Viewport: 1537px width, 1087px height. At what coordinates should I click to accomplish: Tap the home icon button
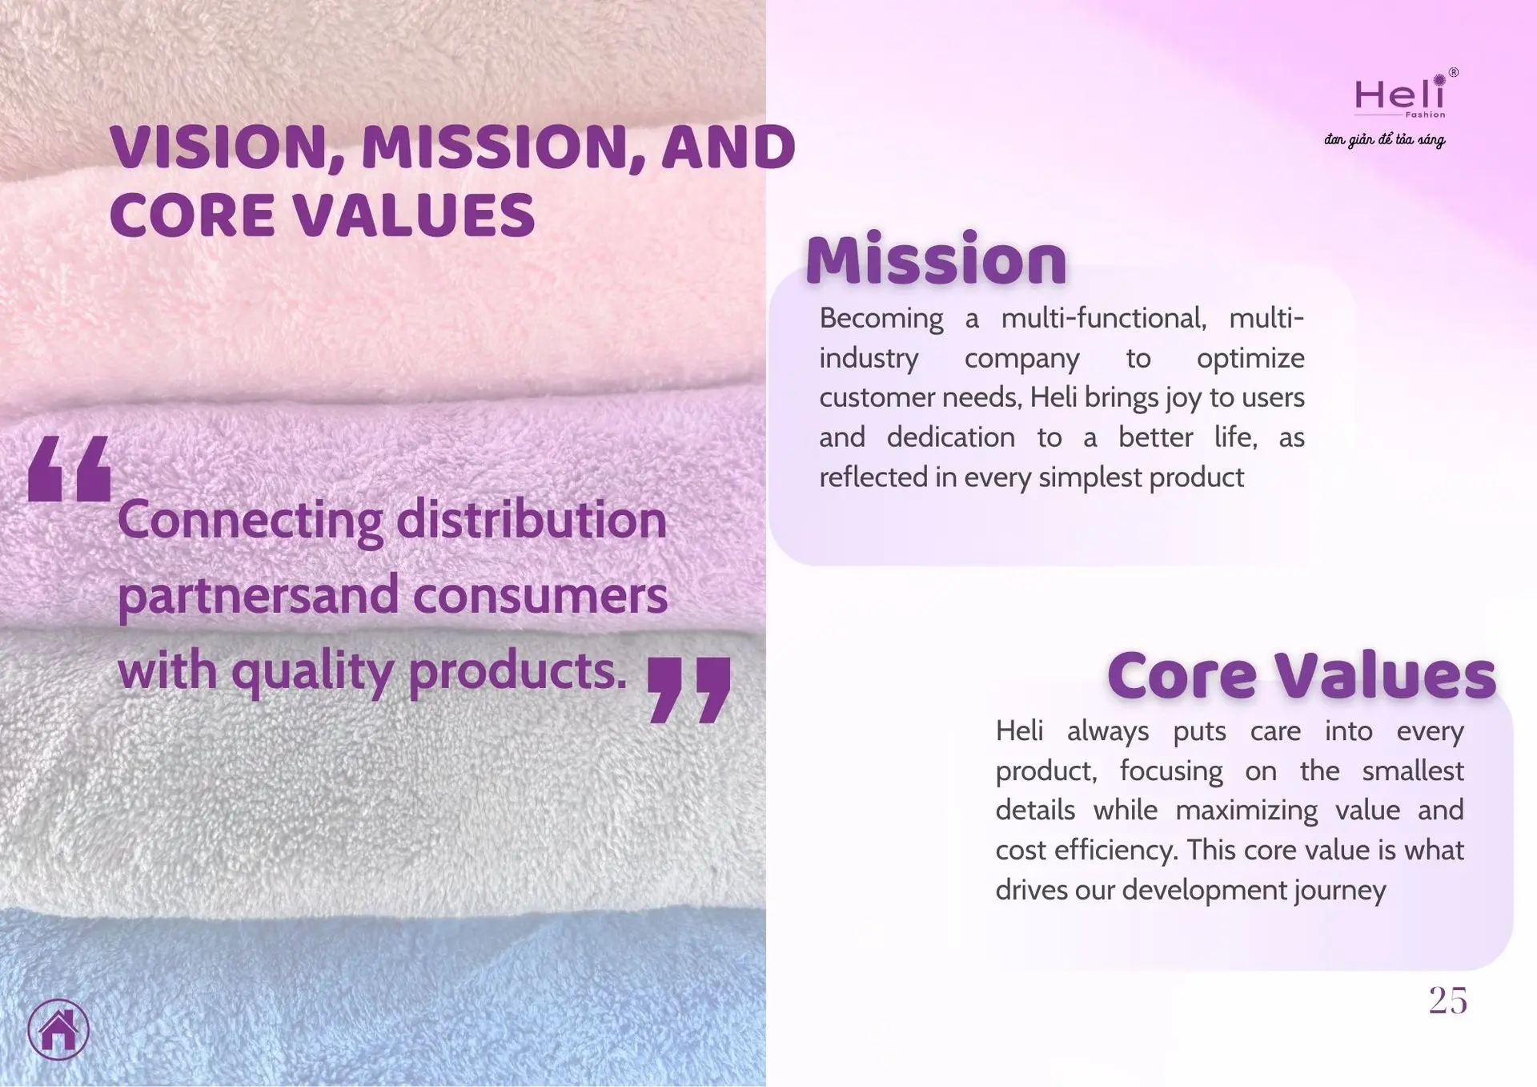58,1029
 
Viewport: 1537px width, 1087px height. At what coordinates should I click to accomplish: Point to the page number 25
1448,1000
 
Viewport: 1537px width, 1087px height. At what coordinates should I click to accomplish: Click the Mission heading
936,259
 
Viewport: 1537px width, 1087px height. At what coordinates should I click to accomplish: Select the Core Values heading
1302,674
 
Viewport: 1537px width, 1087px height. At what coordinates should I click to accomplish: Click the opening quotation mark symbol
69,469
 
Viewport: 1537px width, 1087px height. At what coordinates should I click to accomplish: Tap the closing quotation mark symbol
689,690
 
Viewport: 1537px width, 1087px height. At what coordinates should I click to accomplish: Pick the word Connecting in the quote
251,521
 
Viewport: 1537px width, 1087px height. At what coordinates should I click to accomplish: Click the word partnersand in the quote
259,597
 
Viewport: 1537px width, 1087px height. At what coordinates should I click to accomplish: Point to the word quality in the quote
313,672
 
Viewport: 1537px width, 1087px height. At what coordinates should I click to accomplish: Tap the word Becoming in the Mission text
881,320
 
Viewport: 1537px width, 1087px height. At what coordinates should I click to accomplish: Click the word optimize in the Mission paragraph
1250,359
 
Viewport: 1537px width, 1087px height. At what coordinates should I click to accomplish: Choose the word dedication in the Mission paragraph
951,437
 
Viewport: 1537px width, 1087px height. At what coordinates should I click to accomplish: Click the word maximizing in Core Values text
1246,811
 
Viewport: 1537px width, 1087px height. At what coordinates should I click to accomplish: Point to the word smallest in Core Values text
1413,771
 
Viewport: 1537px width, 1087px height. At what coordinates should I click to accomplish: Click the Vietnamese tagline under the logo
1384,140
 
